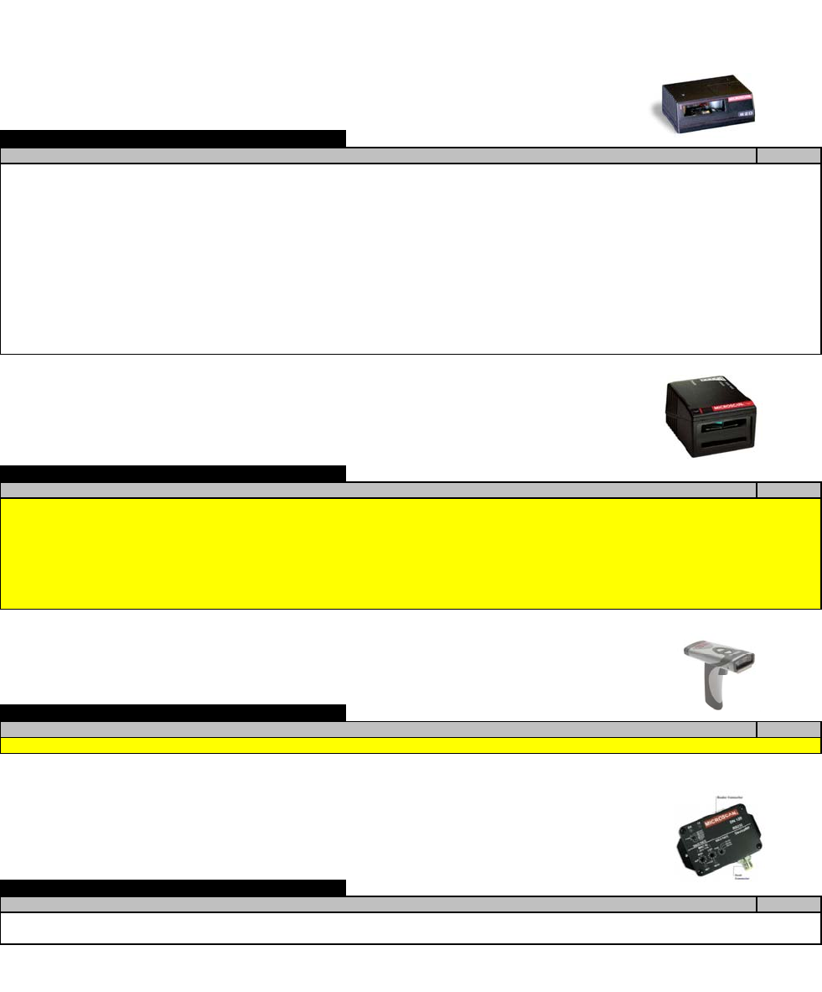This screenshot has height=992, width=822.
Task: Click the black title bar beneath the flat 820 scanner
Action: coord(173,138)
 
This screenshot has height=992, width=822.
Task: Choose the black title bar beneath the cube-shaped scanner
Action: coord(173,473)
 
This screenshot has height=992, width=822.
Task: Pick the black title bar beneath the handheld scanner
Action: coord(173,713)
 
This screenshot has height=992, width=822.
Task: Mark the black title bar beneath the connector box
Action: coord(173,887)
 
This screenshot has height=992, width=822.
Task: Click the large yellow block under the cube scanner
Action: coord(411,553)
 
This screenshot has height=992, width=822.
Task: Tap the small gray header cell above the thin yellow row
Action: coord(788,729)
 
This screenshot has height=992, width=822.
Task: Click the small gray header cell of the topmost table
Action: coord(788,155)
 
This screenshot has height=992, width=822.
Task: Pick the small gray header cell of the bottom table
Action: coord(788,903)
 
